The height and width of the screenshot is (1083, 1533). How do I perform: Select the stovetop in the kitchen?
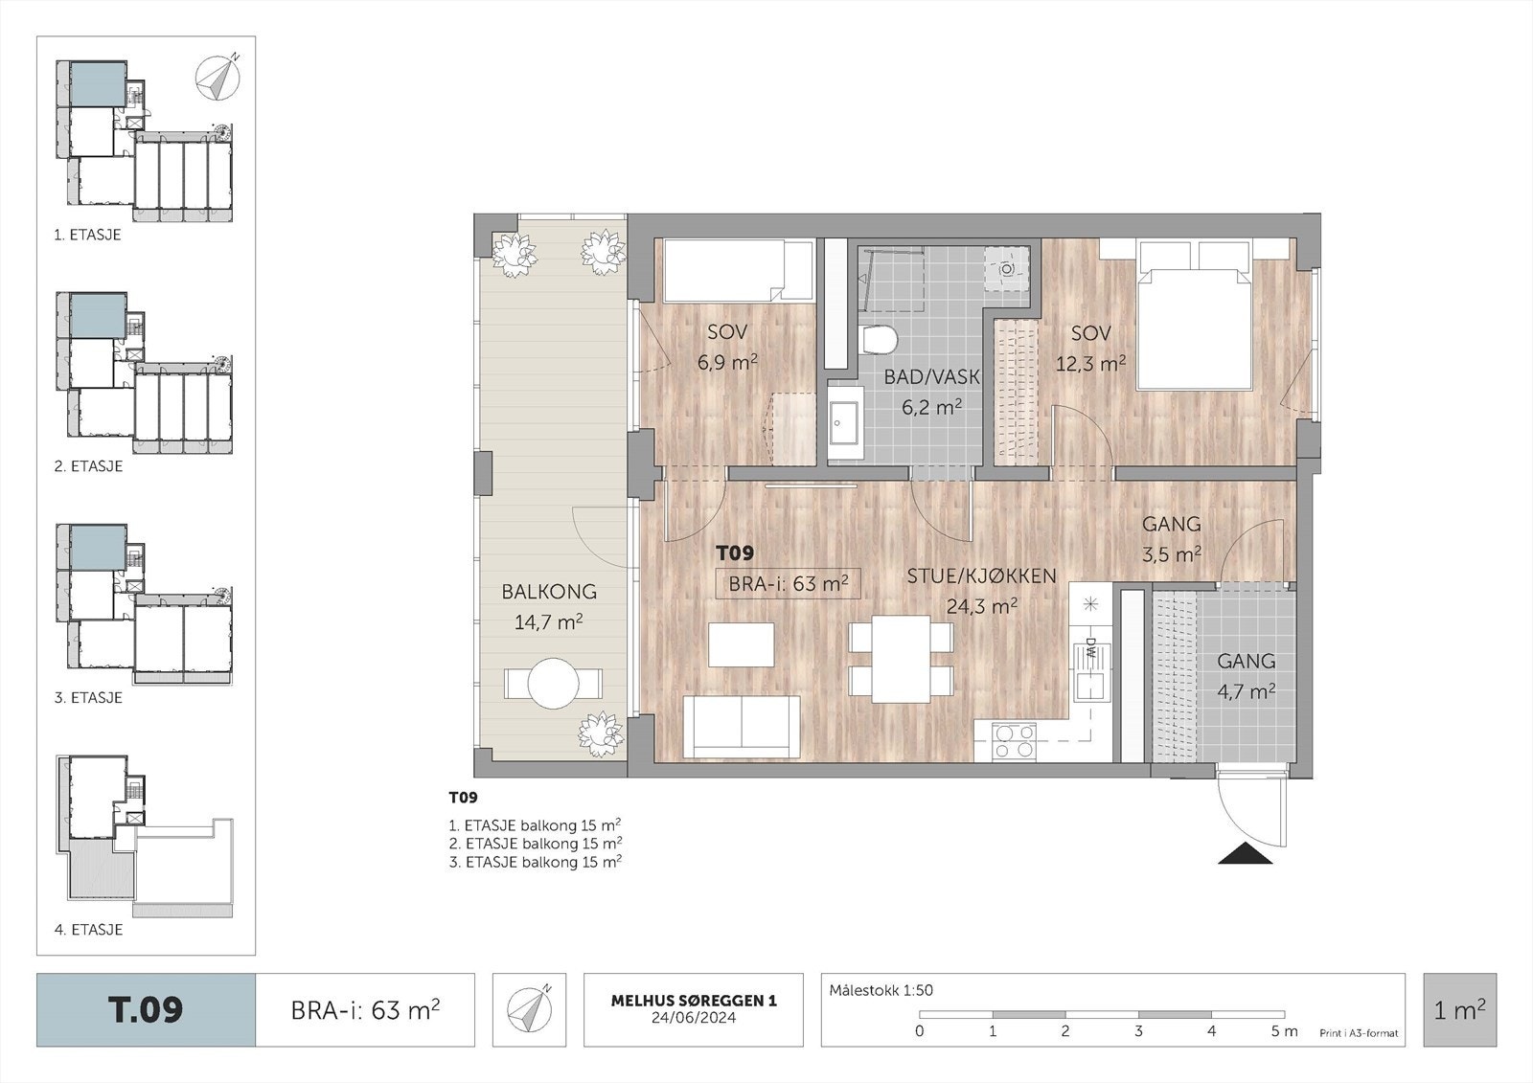1015,741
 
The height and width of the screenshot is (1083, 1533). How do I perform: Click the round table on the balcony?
553,683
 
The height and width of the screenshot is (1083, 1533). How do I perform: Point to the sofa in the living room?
742,727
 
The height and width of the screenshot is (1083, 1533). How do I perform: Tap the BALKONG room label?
549,591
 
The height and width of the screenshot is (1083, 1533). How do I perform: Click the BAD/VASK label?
931,376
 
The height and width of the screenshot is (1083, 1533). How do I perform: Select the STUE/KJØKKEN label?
981,576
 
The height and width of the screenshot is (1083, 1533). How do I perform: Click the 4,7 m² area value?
1246,691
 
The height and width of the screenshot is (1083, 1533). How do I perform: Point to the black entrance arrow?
1245,854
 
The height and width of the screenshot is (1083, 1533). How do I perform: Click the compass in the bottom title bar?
529,1009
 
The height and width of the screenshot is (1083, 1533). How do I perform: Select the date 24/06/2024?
694,1017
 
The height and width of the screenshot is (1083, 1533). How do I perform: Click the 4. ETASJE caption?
88,929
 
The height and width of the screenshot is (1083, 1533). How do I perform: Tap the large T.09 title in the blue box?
145,1010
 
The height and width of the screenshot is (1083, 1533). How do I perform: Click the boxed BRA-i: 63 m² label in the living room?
788,583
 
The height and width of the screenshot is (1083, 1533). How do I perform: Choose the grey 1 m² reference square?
1460,1010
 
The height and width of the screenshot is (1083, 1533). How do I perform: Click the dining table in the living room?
901,659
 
